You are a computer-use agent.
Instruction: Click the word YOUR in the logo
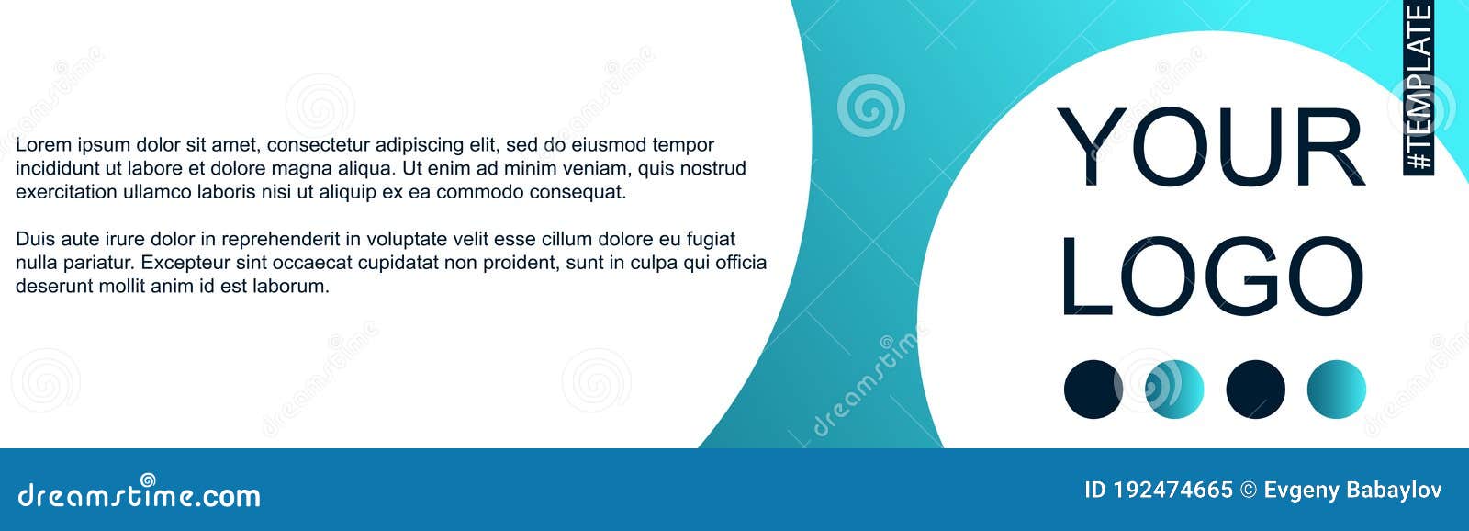(1210, 147)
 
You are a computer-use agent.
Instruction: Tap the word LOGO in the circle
(1210, 276)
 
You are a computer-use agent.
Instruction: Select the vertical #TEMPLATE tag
(1419, 87)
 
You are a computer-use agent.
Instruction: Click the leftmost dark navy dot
(1093, 390)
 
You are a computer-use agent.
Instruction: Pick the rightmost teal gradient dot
(1336, 390)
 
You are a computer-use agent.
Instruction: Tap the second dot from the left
(1174, 390)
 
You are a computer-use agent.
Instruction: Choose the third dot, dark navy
(1255, 390)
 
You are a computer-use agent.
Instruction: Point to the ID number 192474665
(1172, 491)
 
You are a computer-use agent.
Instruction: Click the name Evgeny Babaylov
(1352, 491)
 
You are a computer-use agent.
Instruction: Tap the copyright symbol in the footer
(1248, 491)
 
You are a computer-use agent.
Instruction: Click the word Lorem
(43, 145)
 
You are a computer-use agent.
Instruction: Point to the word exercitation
(67, 193)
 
